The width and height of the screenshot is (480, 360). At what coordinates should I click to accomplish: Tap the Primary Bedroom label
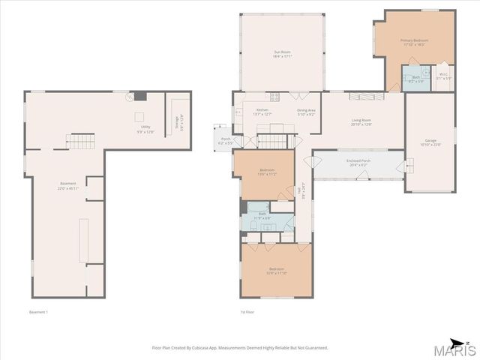(413, 42)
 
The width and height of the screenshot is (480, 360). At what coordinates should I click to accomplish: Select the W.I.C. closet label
(444, 76)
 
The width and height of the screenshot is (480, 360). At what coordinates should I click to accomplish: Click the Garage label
(430, 142)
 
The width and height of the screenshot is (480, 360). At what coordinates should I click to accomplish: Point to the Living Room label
(362, 122)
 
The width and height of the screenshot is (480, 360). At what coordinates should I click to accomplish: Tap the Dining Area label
(305, 112)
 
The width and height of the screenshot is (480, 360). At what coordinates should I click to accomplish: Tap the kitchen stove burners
(275, 96)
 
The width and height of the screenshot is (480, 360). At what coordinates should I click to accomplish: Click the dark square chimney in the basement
(140, 97)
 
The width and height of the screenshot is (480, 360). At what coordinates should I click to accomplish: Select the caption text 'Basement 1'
(38, 312)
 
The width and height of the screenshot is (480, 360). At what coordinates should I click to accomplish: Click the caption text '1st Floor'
(247, 312)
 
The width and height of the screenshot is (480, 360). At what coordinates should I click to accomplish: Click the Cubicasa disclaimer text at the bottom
(239, 347)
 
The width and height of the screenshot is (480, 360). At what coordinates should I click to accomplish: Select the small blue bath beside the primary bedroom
(415, 79)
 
